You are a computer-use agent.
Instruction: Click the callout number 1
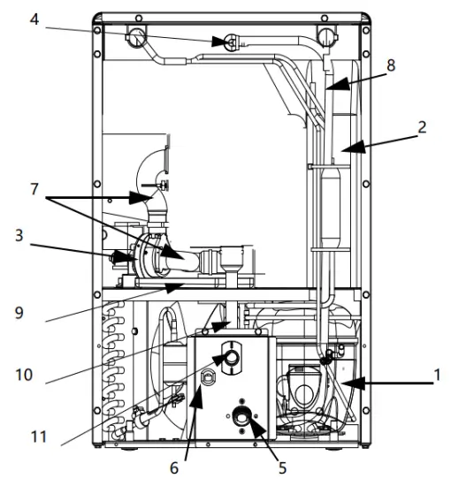436,376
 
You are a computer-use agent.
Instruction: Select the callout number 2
422,125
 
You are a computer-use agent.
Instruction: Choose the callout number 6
174,467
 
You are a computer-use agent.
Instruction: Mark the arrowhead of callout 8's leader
328,87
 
